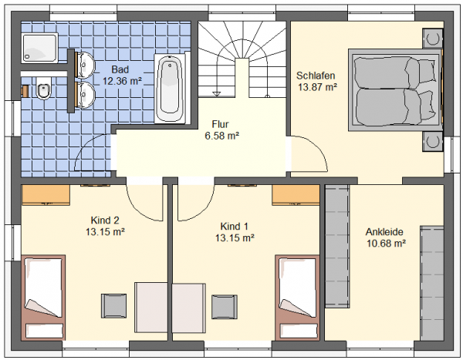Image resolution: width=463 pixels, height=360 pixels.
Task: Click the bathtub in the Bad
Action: click(169, 87)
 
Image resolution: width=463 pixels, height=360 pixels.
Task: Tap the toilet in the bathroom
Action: click(44, 88)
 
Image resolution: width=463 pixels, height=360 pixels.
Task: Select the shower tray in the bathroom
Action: click(39, 48)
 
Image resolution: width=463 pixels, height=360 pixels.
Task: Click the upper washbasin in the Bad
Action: click(85, 65)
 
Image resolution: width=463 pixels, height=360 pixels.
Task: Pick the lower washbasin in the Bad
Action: click(85, 95)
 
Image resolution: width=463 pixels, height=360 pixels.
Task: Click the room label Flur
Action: click(220, 124)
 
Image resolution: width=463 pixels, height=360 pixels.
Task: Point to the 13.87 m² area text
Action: click(317, 87)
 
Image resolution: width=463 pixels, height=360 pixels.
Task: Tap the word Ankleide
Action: click(384, 231)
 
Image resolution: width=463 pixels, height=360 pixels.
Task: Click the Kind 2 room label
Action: click(105, 220)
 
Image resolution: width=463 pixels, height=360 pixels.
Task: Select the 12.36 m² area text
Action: click(122, 81)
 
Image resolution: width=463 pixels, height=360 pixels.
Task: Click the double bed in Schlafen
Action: click(395, 89)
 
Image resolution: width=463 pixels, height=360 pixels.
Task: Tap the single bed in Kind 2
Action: click(43, 298)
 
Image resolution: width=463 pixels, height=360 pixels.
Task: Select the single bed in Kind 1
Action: click(297, 298)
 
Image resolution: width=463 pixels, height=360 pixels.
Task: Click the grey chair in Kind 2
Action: click(113, 306)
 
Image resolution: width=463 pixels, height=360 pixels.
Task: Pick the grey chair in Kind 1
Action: click(225, 307)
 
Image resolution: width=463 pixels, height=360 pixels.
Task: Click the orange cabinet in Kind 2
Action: click(46, 195)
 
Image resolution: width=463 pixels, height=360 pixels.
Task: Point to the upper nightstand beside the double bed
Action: click(433, 39)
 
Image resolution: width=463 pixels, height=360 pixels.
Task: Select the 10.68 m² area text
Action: click(387, 244)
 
